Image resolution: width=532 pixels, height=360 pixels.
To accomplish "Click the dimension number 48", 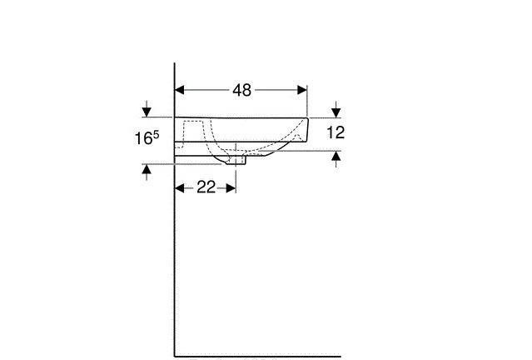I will point(241,90).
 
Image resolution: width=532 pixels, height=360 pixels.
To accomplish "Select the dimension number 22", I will point(206,187).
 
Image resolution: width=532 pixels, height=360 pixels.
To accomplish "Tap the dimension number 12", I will point(336,132).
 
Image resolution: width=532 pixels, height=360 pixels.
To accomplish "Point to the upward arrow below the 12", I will point(336,157).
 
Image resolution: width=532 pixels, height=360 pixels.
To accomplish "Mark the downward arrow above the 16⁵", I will point(147,109).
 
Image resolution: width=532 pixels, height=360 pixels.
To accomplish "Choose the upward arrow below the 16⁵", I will point(147,171).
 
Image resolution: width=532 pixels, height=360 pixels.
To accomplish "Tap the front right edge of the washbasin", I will point(307,132).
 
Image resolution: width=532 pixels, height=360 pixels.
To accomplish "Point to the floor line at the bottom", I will point(258,356).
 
